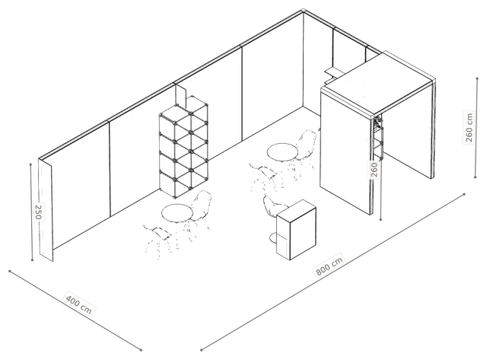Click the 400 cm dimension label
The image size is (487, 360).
[79, 301]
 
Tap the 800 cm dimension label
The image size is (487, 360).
[329, 266]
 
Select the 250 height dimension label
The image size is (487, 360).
[39, 212]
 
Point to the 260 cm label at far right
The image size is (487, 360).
[469, 127]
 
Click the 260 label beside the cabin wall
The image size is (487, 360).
[374, 170]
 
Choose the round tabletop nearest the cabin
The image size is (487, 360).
[282, 152]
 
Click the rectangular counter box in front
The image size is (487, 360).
[296, 230]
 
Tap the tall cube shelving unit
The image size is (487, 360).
[183, 146]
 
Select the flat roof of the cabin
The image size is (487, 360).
[377, 83]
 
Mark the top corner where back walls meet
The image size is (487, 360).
[303, 11]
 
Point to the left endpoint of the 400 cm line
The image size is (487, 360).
[10, 271]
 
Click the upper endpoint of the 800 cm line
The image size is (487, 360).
[464, 194]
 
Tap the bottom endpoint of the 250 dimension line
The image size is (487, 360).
[32, 260]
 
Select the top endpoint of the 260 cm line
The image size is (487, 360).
[477, 78]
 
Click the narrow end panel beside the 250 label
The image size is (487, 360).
[46, 210]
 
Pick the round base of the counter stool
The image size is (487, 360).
[274, 238]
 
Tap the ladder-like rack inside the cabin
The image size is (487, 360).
[378, 137]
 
